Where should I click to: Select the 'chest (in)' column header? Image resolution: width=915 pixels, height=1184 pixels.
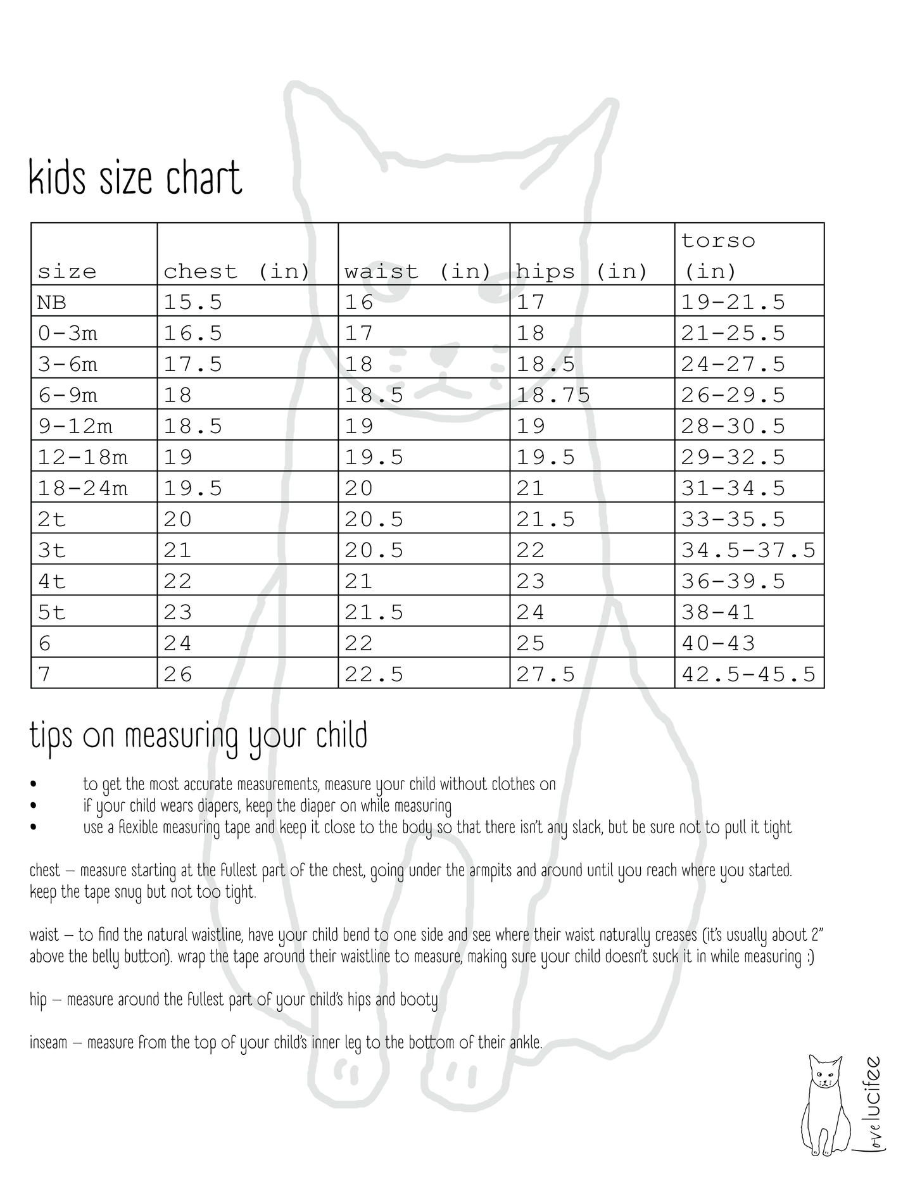236,272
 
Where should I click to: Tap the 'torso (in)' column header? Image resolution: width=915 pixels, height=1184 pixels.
718,256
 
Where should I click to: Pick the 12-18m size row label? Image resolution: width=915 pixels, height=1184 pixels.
82,457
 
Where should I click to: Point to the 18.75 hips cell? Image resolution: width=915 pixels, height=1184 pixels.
553,395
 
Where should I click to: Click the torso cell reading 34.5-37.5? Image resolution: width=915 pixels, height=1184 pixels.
748,550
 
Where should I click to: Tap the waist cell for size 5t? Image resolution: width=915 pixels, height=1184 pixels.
374,612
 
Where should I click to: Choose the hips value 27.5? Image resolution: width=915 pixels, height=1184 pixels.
545,674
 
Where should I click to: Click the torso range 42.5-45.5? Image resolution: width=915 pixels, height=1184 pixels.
748,674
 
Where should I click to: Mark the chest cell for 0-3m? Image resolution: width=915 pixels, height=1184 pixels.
192,333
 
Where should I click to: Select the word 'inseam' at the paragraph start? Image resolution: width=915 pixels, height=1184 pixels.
48,1042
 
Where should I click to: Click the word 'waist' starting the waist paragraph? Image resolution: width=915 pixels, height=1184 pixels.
44,935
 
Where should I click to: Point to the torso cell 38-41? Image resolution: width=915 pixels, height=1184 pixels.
717,612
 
